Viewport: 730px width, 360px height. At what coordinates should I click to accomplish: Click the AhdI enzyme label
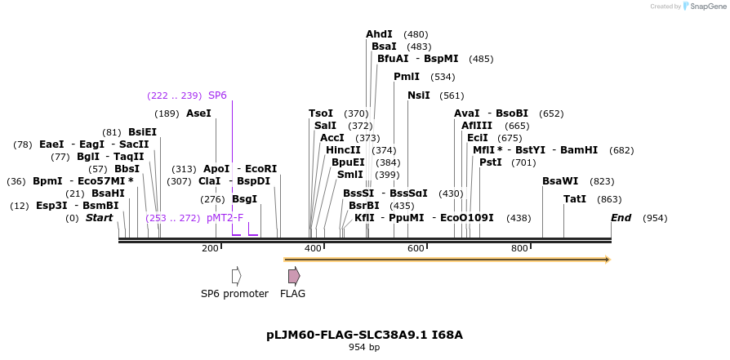click(379, 34)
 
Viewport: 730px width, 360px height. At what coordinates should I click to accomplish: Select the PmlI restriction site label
click(406, 77)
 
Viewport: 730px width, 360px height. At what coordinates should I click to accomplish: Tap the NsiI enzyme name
click(418, 96)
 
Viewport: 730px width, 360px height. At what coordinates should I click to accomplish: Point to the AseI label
click(198, 113)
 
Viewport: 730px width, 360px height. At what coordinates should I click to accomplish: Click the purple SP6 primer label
click(217, 95)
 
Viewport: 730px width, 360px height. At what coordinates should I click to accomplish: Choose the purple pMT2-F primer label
click(225, 218)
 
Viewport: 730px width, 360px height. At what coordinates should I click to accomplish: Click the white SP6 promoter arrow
click(236, 276)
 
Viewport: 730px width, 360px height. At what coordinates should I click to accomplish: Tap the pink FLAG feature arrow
click(293, 276)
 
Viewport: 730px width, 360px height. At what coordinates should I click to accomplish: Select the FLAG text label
click(292, 294)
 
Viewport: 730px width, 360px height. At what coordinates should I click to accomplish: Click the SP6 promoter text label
click(234, 294)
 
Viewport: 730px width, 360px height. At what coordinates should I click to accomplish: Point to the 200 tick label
click(210, 248)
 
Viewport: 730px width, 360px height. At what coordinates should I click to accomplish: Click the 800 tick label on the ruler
click(519, 248)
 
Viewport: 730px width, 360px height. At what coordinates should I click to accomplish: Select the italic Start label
click(99, 218)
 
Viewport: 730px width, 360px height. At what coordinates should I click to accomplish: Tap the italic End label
click(621, 218)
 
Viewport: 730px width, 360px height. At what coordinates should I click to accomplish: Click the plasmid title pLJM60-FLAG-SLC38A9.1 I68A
click(364, 335)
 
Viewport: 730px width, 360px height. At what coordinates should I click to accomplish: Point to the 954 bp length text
click(364, 348)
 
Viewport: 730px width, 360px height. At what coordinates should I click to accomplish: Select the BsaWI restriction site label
click(560, 181)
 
